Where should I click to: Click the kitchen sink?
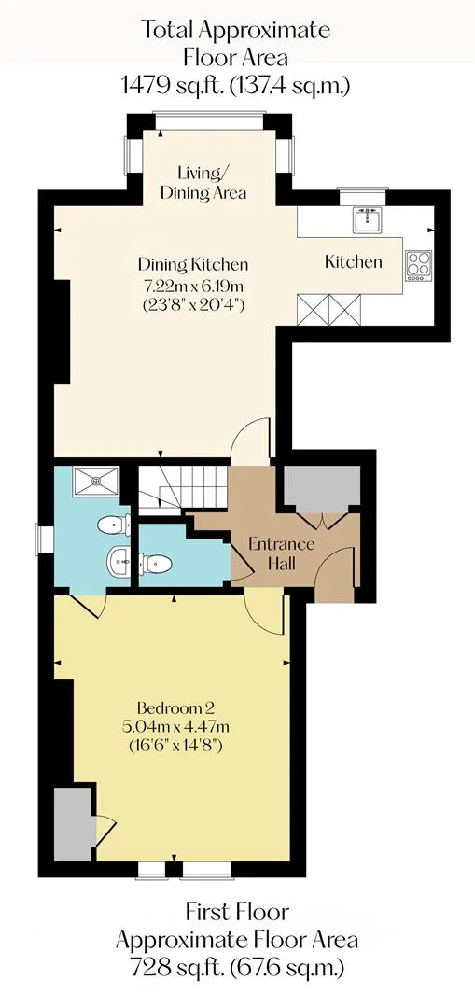pos(368,220)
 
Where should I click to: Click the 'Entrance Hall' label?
pos(282,554)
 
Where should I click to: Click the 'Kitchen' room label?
pos(353,261)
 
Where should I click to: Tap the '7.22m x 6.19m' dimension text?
pos(193,285)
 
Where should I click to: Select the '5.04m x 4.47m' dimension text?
pos(175,728)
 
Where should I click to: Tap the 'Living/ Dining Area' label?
pos(203,183)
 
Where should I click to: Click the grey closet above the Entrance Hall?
pos(321,489)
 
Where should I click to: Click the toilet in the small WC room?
pos(156,564)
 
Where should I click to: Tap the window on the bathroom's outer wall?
pos(46,539)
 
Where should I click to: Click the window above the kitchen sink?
pos(363,189)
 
